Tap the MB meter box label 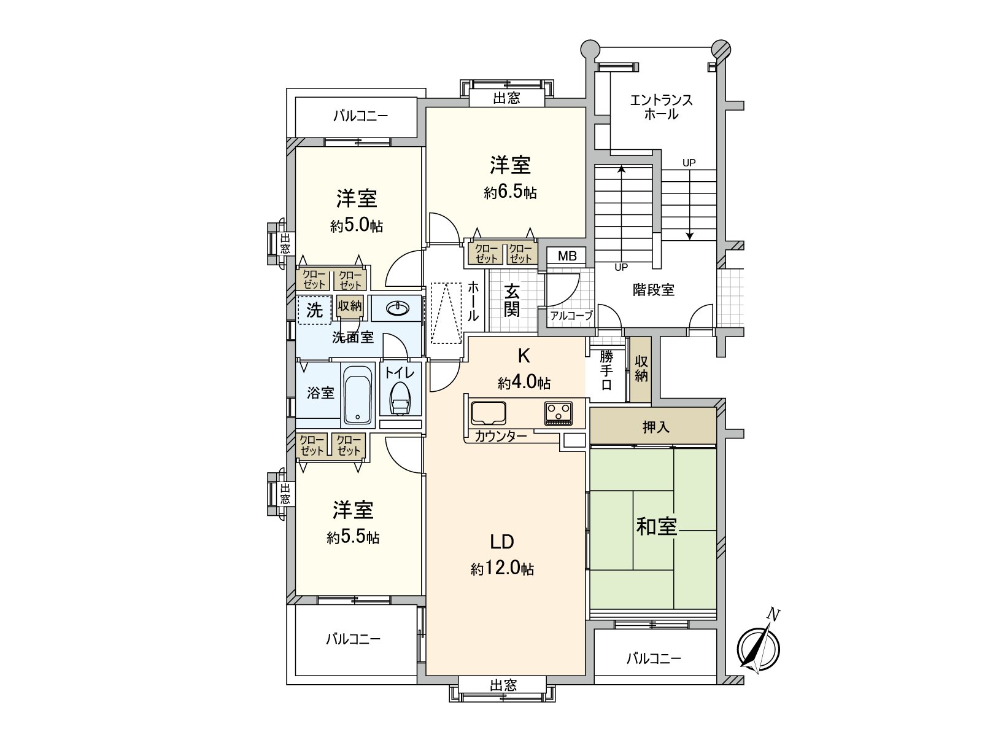tap(567, 256)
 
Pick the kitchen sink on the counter tap(489, 413)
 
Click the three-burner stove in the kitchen tap(558, 413)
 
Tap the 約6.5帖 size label tap(510, 192)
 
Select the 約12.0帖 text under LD tap(502, 569)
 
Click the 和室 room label tap(656, 526)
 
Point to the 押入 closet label tap(655, 427)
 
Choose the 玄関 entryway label tap(512, 300)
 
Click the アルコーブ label tap(571, 316)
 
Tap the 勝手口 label tap(606, 370)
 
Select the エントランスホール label tap(661, 107)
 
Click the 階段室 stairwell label tap(654, 290)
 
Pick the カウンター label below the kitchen tap(500, 437)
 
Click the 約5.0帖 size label tap(356, 225)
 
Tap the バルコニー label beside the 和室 tap(653, 659)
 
